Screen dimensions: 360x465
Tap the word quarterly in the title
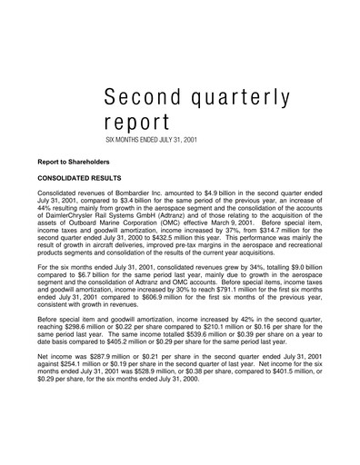pyautogui.click(x=247, y=98)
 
